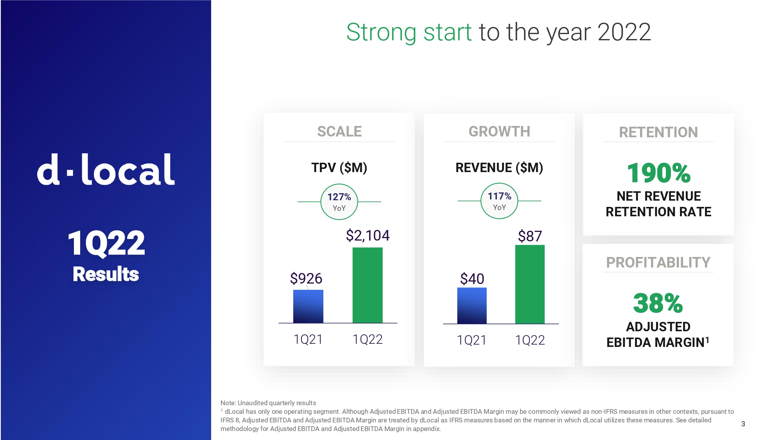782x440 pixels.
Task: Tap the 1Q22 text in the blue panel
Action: coord(106,243)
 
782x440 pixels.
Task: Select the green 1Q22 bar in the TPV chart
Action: coord(368,285)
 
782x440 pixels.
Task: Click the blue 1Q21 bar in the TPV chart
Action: coord(308,306)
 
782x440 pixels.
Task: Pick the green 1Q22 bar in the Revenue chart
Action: coord(530,284)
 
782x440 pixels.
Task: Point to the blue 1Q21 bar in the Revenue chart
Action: coord(472,305)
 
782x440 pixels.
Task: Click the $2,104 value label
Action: coord(368,235)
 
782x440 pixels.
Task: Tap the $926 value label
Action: coord(306,278)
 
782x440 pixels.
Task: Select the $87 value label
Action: coord(530,236)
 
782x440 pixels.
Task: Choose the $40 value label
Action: coord(472,279)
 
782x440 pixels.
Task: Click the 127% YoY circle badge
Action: coord(339,202)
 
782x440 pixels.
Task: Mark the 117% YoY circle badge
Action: coord(499,201)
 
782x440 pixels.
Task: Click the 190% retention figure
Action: coord(658,173)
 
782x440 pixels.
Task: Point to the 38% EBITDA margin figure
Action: coord(658,303)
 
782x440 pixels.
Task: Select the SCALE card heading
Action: coord(339,131)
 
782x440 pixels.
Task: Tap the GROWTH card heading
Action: coord(499,131)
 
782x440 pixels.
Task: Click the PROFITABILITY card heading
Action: coord(658,262)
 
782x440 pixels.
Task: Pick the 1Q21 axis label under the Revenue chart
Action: coord(472,340)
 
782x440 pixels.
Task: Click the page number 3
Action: coord(743,424)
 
